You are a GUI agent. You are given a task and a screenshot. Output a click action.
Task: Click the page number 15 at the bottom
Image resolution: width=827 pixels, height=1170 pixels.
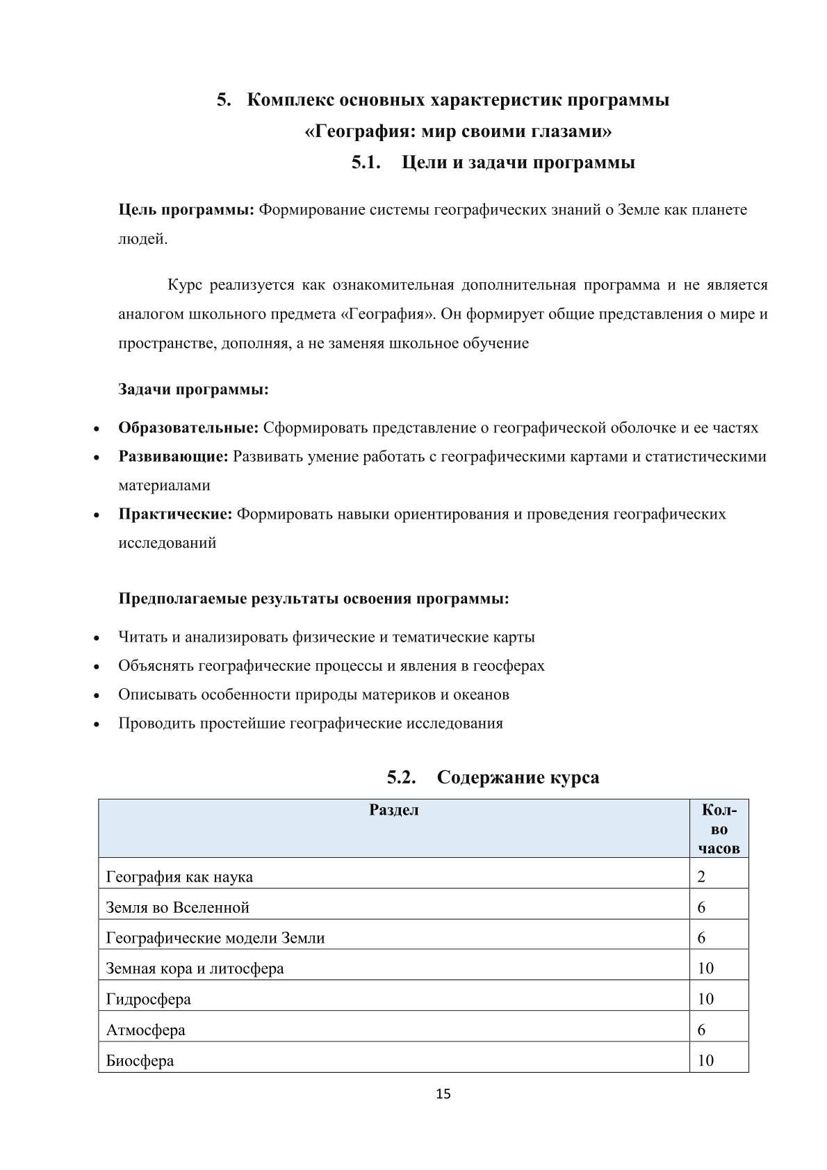443,1094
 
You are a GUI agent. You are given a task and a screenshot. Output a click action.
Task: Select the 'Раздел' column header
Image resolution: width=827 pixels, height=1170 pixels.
393,810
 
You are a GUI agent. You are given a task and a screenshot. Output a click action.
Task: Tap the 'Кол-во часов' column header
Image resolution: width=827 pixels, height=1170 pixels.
719,829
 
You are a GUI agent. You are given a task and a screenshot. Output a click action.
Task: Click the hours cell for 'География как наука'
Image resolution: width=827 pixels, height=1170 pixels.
701,877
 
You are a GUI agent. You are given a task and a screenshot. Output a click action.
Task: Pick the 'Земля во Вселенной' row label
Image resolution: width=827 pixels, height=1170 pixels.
177,907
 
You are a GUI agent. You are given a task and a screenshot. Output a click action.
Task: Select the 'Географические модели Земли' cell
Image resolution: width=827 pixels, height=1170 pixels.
215,938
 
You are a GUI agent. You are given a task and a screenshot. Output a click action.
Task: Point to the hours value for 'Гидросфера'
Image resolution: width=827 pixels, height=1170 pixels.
705,999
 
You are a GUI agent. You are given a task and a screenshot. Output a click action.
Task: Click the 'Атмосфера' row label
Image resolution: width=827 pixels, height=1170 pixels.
145,1030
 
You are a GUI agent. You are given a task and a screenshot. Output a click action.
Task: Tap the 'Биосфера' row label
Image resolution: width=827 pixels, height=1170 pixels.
140,1061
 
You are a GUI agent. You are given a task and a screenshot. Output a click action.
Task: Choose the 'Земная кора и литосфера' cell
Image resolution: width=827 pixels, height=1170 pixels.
195,968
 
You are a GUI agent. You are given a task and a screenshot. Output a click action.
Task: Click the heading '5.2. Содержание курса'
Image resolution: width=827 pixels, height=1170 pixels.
493,777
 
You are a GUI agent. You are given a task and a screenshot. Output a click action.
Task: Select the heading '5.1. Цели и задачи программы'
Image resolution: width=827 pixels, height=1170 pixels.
493,163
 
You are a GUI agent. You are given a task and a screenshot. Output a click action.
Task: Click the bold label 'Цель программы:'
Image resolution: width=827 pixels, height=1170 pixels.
186,210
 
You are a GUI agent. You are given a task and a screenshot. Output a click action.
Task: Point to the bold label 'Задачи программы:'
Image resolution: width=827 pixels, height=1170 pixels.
193,389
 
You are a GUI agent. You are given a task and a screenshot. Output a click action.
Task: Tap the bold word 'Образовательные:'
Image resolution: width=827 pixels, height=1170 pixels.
188,428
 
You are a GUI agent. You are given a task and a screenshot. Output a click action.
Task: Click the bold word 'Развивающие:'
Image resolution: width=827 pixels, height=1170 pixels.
173,457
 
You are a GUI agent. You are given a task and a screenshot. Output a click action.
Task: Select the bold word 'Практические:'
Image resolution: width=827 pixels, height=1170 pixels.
175,514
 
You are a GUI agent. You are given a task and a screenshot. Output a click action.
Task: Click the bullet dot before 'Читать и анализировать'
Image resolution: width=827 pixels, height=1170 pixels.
97,638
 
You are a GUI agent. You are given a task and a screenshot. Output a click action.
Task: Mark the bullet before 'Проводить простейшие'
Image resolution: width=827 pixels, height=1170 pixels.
97,724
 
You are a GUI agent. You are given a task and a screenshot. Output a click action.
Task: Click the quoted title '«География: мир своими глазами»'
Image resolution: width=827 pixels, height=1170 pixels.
459,131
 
